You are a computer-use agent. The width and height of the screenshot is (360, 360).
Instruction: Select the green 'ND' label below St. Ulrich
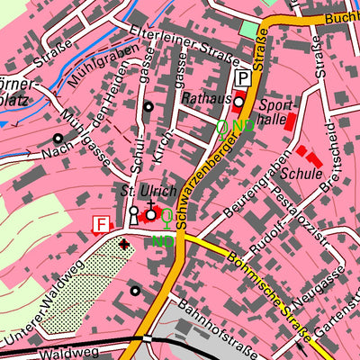pos(162,241)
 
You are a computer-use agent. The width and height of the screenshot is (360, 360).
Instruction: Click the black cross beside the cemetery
pos(124,243)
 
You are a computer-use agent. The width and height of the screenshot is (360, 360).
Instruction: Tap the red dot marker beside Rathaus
pos(238,101)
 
